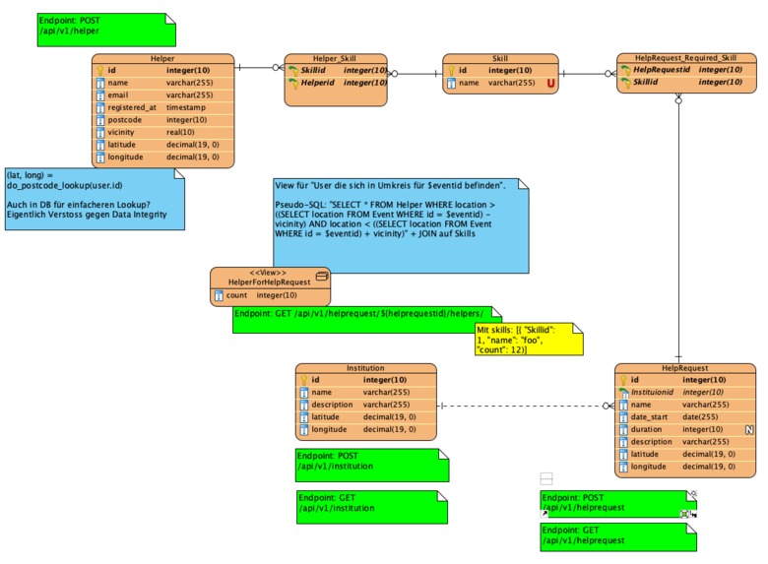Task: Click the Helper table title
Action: (x=162, y=58)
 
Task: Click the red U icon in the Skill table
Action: (x=551, y=85)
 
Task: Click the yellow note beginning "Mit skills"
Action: (x=528, y=340)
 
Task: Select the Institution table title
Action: (x=365, y=368)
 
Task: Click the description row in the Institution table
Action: (x=365, y=405)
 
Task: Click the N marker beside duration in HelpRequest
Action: (x=748, y=429)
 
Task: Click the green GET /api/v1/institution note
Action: (x=371, y=506)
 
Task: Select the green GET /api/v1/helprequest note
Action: (x=616, y=536)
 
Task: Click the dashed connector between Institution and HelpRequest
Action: (x=522, y=406)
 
